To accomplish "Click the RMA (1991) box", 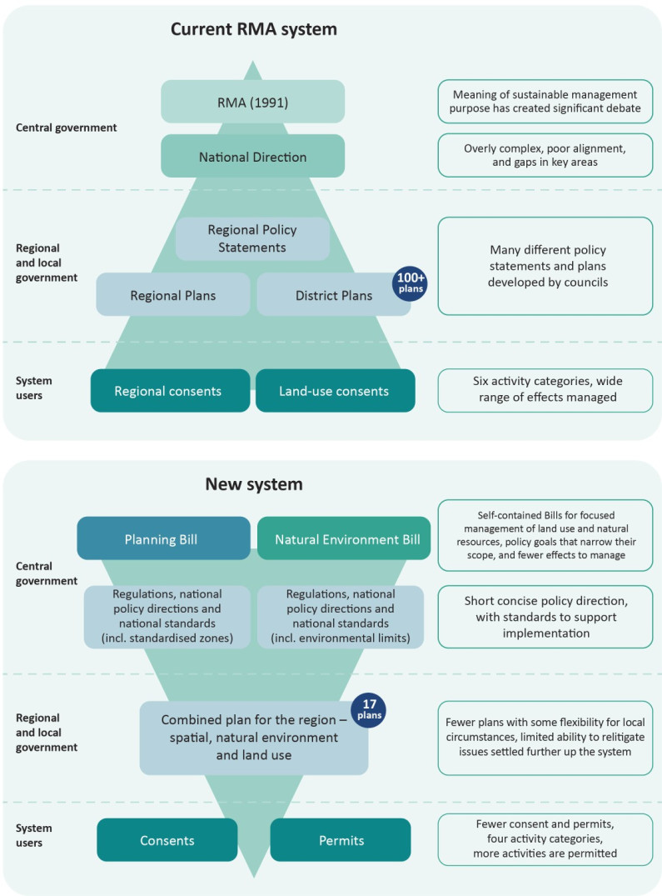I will point(252,102).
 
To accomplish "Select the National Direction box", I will point(252,156).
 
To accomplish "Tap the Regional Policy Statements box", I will point(252,238).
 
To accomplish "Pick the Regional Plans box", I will point(172,294).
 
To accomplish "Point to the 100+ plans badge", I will point(411,284).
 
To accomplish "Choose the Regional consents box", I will point(170,390).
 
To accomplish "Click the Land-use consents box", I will point(335,390).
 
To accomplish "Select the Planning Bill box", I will point(163,538).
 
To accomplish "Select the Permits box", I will point(341,839).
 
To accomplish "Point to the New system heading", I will point(254,483).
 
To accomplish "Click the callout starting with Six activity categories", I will point(545,389).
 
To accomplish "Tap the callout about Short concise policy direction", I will point(545,617).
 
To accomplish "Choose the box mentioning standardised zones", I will point(167,617).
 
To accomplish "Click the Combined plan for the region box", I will point(253,738).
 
